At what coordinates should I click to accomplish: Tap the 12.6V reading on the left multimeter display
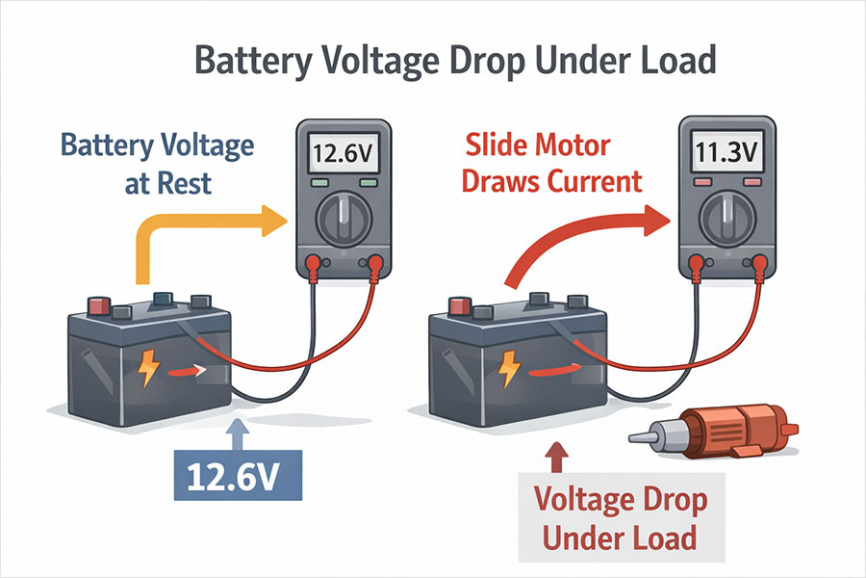point(342,152)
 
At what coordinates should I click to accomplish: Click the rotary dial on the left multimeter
point(342,215)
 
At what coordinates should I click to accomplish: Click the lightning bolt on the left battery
point(150,369)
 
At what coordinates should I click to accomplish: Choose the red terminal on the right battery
point(459,306)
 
